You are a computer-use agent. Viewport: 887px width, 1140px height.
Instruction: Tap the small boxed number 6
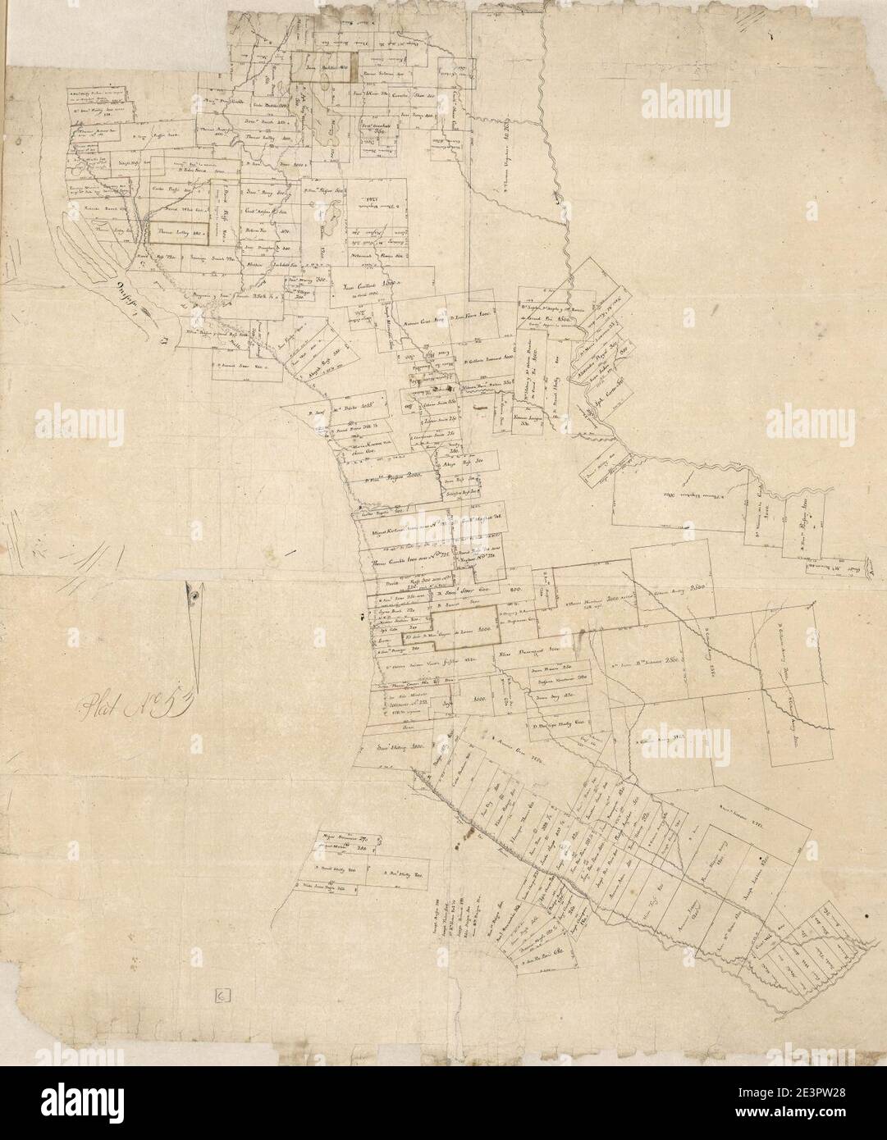(x=223, y=996)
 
